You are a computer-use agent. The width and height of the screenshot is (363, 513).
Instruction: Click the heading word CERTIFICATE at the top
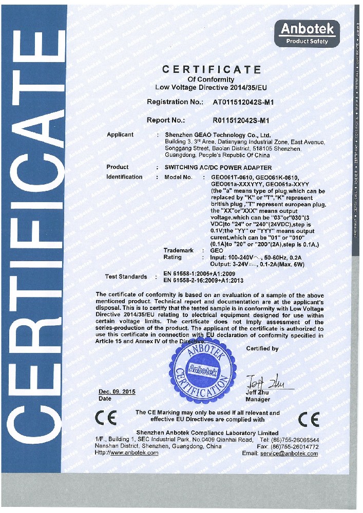(211, 69)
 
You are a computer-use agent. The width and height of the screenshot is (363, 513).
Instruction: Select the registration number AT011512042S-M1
(246, 102)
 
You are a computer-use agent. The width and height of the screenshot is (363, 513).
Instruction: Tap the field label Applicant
(120, 135)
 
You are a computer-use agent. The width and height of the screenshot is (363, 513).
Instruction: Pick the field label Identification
(124, 177)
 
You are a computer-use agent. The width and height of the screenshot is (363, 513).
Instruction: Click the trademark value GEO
(217, 250)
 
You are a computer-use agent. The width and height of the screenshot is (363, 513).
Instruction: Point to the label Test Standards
(126, 277)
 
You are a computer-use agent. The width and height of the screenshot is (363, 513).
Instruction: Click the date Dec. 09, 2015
(117, 391)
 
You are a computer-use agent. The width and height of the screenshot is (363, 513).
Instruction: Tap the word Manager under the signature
(258, 399)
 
